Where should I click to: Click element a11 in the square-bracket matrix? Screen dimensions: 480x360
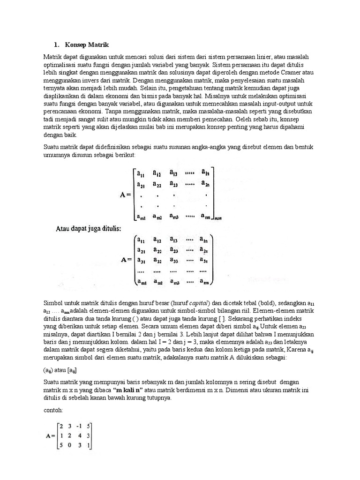(x=141, y=173)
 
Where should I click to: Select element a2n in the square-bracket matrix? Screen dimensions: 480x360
(x=205, y=184)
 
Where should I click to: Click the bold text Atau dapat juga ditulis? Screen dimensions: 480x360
(x=89, y=229)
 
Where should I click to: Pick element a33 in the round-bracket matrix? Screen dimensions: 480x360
(x=174, y=260)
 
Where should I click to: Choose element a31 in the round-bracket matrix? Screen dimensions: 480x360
(x=141, y=260)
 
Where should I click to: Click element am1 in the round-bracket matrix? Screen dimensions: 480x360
(x=141, y=282)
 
